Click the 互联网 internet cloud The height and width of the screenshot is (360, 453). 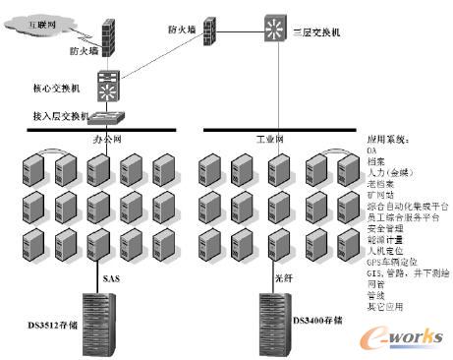(x=36, y=21)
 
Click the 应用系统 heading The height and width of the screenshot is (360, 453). (x=385, y=141)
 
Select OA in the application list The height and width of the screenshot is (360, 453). (x=370, y=151)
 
